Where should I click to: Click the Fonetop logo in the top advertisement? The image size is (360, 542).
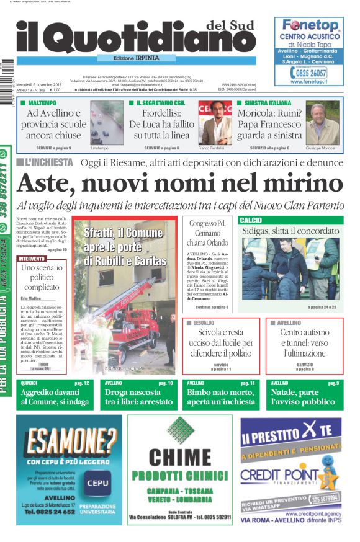(x=310, y=25)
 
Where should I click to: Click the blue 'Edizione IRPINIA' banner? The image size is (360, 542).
(x=128, y=58)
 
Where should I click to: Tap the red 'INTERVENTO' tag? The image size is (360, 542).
(x=32, y=259)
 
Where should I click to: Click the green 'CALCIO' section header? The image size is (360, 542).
(x=250, y=220)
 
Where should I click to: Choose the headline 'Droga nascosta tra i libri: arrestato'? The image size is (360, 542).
(x=138, y=397)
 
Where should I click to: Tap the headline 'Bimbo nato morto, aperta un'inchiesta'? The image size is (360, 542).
(x=220, y=397)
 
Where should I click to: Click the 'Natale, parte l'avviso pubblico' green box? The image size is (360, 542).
(x=305, y=397)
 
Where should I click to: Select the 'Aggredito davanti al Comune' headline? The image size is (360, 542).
(x=54, y=397)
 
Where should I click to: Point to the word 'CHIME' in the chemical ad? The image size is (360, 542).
(x=180, y=457)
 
